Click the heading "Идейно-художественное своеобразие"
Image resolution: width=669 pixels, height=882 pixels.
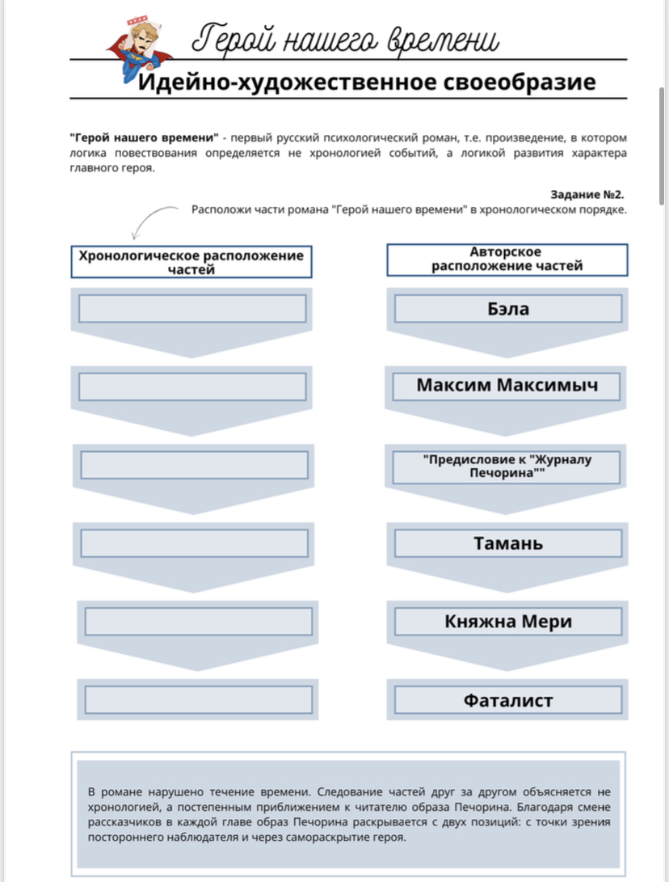coord(366,82)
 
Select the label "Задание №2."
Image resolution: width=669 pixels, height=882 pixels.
coord(587,195)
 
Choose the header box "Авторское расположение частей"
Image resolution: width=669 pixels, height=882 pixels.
coord(507,260)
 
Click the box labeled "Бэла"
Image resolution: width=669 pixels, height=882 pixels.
coord(508,309)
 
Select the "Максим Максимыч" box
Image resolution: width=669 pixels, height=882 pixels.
coord(507,385)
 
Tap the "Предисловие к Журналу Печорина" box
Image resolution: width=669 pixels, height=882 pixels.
coord(507,466)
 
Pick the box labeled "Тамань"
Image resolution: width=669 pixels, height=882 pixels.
coord(508,543)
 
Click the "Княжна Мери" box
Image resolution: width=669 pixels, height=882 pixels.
coord(508,622)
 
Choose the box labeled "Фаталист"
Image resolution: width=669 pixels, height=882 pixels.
coord(508,700)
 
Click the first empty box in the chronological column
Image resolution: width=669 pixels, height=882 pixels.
coord(192,309)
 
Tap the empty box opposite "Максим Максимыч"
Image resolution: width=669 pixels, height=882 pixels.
coord(192,386)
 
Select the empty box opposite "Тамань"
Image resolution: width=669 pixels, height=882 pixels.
coord(194,542)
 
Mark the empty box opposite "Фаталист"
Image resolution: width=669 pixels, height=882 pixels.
coord(198,699)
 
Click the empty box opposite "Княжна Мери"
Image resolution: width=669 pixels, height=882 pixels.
coord(198,621)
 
